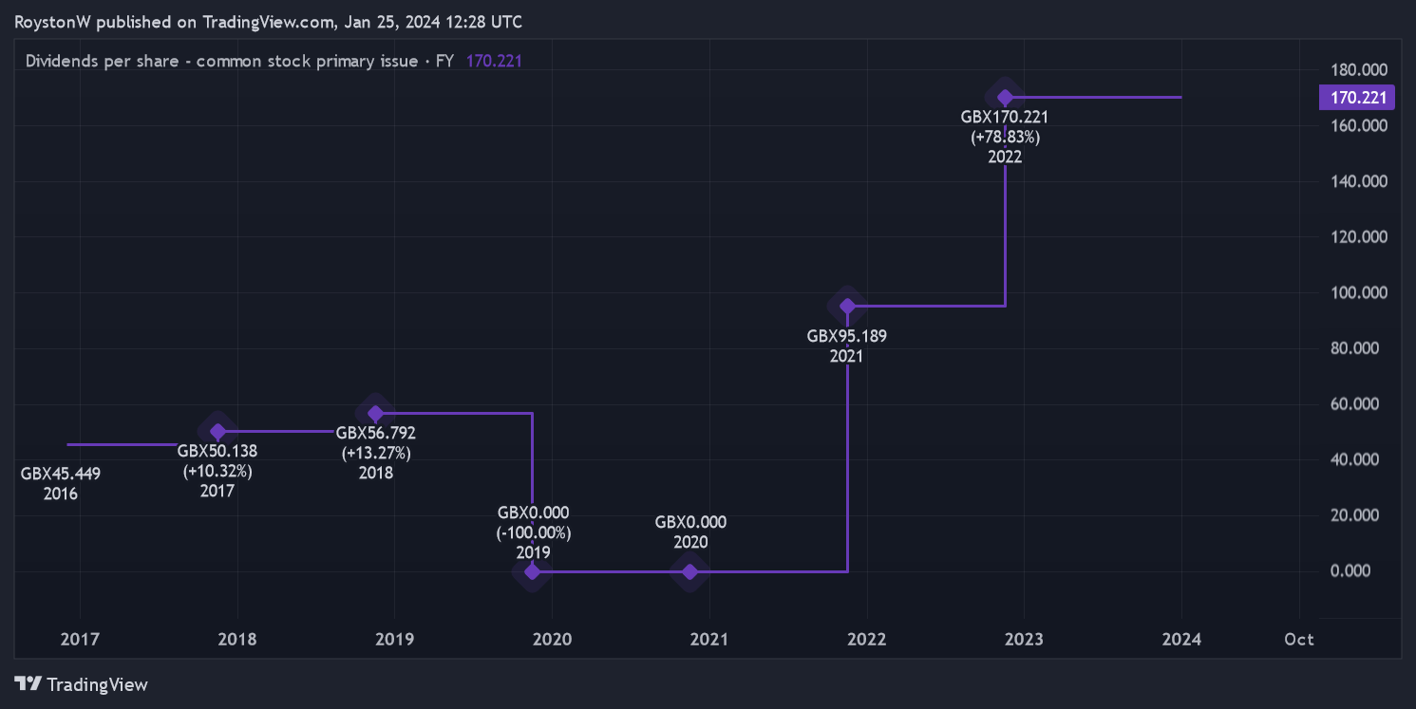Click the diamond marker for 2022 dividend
(x=1005, y=96)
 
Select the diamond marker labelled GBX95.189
(x=847, y=306)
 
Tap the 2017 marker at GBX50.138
(x=218, y=432)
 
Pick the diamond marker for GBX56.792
(x=376, y=413)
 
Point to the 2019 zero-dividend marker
(x=532, y=571)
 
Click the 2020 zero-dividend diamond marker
(x=690, y=571)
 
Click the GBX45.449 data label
(x=61, y=474)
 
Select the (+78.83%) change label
(x=1005, y=137)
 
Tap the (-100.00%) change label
(x=533, y=532)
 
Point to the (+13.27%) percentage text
(x=376, y=453)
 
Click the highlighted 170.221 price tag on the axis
(x=1356, y=97)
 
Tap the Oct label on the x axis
(x=1298, y=639)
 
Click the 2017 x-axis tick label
(x=80, y=639)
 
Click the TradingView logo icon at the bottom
(x=28, y=683)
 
